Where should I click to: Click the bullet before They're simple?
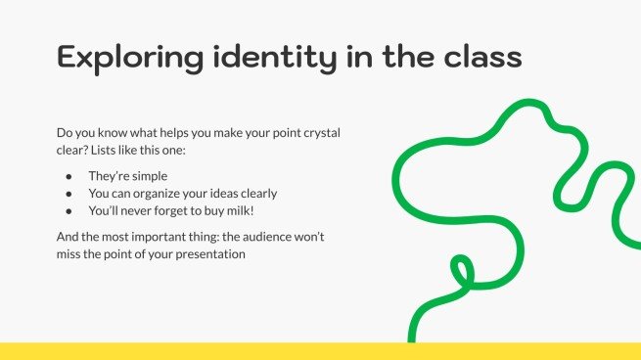(x=69, y=176)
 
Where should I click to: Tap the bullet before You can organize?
(x=69, y=193)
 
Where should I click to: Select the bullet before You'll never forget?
(x=69, y=210)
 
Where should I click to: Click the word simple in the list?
(x=148, y=176)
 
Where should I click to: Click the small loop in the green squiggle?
(x=460, y=268)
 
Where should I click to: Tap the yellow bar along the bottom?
(x=320, y=351)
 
